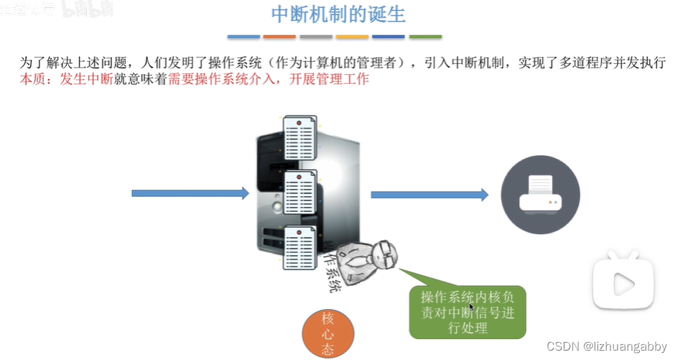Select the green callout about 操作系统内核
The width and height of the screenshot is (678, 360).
pyautogui.click(x=468, y=312)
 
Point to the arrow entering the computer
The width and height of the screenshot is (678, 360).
pyautogui.click(x=190, y=193)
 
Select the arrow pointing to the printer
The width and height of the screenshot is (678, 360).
pyautogui.click(x=429, y=194)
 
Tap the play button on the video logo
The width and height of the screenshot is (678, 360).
pyautogui.click(x=623, y=284)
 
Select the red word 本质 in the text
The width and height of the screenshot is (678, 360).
pyautogui.click(x=32, y=79)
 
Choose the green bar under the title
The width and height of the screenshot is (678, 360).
pyautogui.click(x=425, y=37)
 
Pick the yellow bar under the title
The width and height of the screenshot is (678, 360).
pyautogui.click(x=352, y=37)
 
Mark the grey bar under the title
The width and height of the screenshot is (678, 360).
pyautogui.click(x=316, y=37)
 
